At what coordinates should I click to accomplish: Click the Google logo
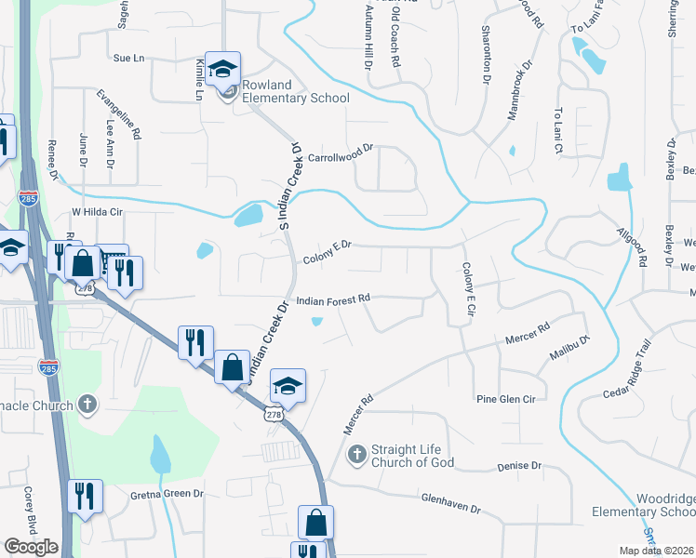[x=31, y=547]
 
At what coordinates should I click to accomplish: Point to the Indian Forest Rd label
[x=334, y=299]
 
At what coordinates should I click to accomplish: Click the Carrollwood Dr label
[x=341, y=149]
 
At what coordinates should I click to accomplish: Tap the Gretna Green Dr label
[x=160, y=494]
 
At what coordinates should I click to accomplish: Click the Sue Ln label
[x=129, y=59]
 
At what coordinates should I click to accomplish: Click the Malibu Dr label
[x=569, y=351]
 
